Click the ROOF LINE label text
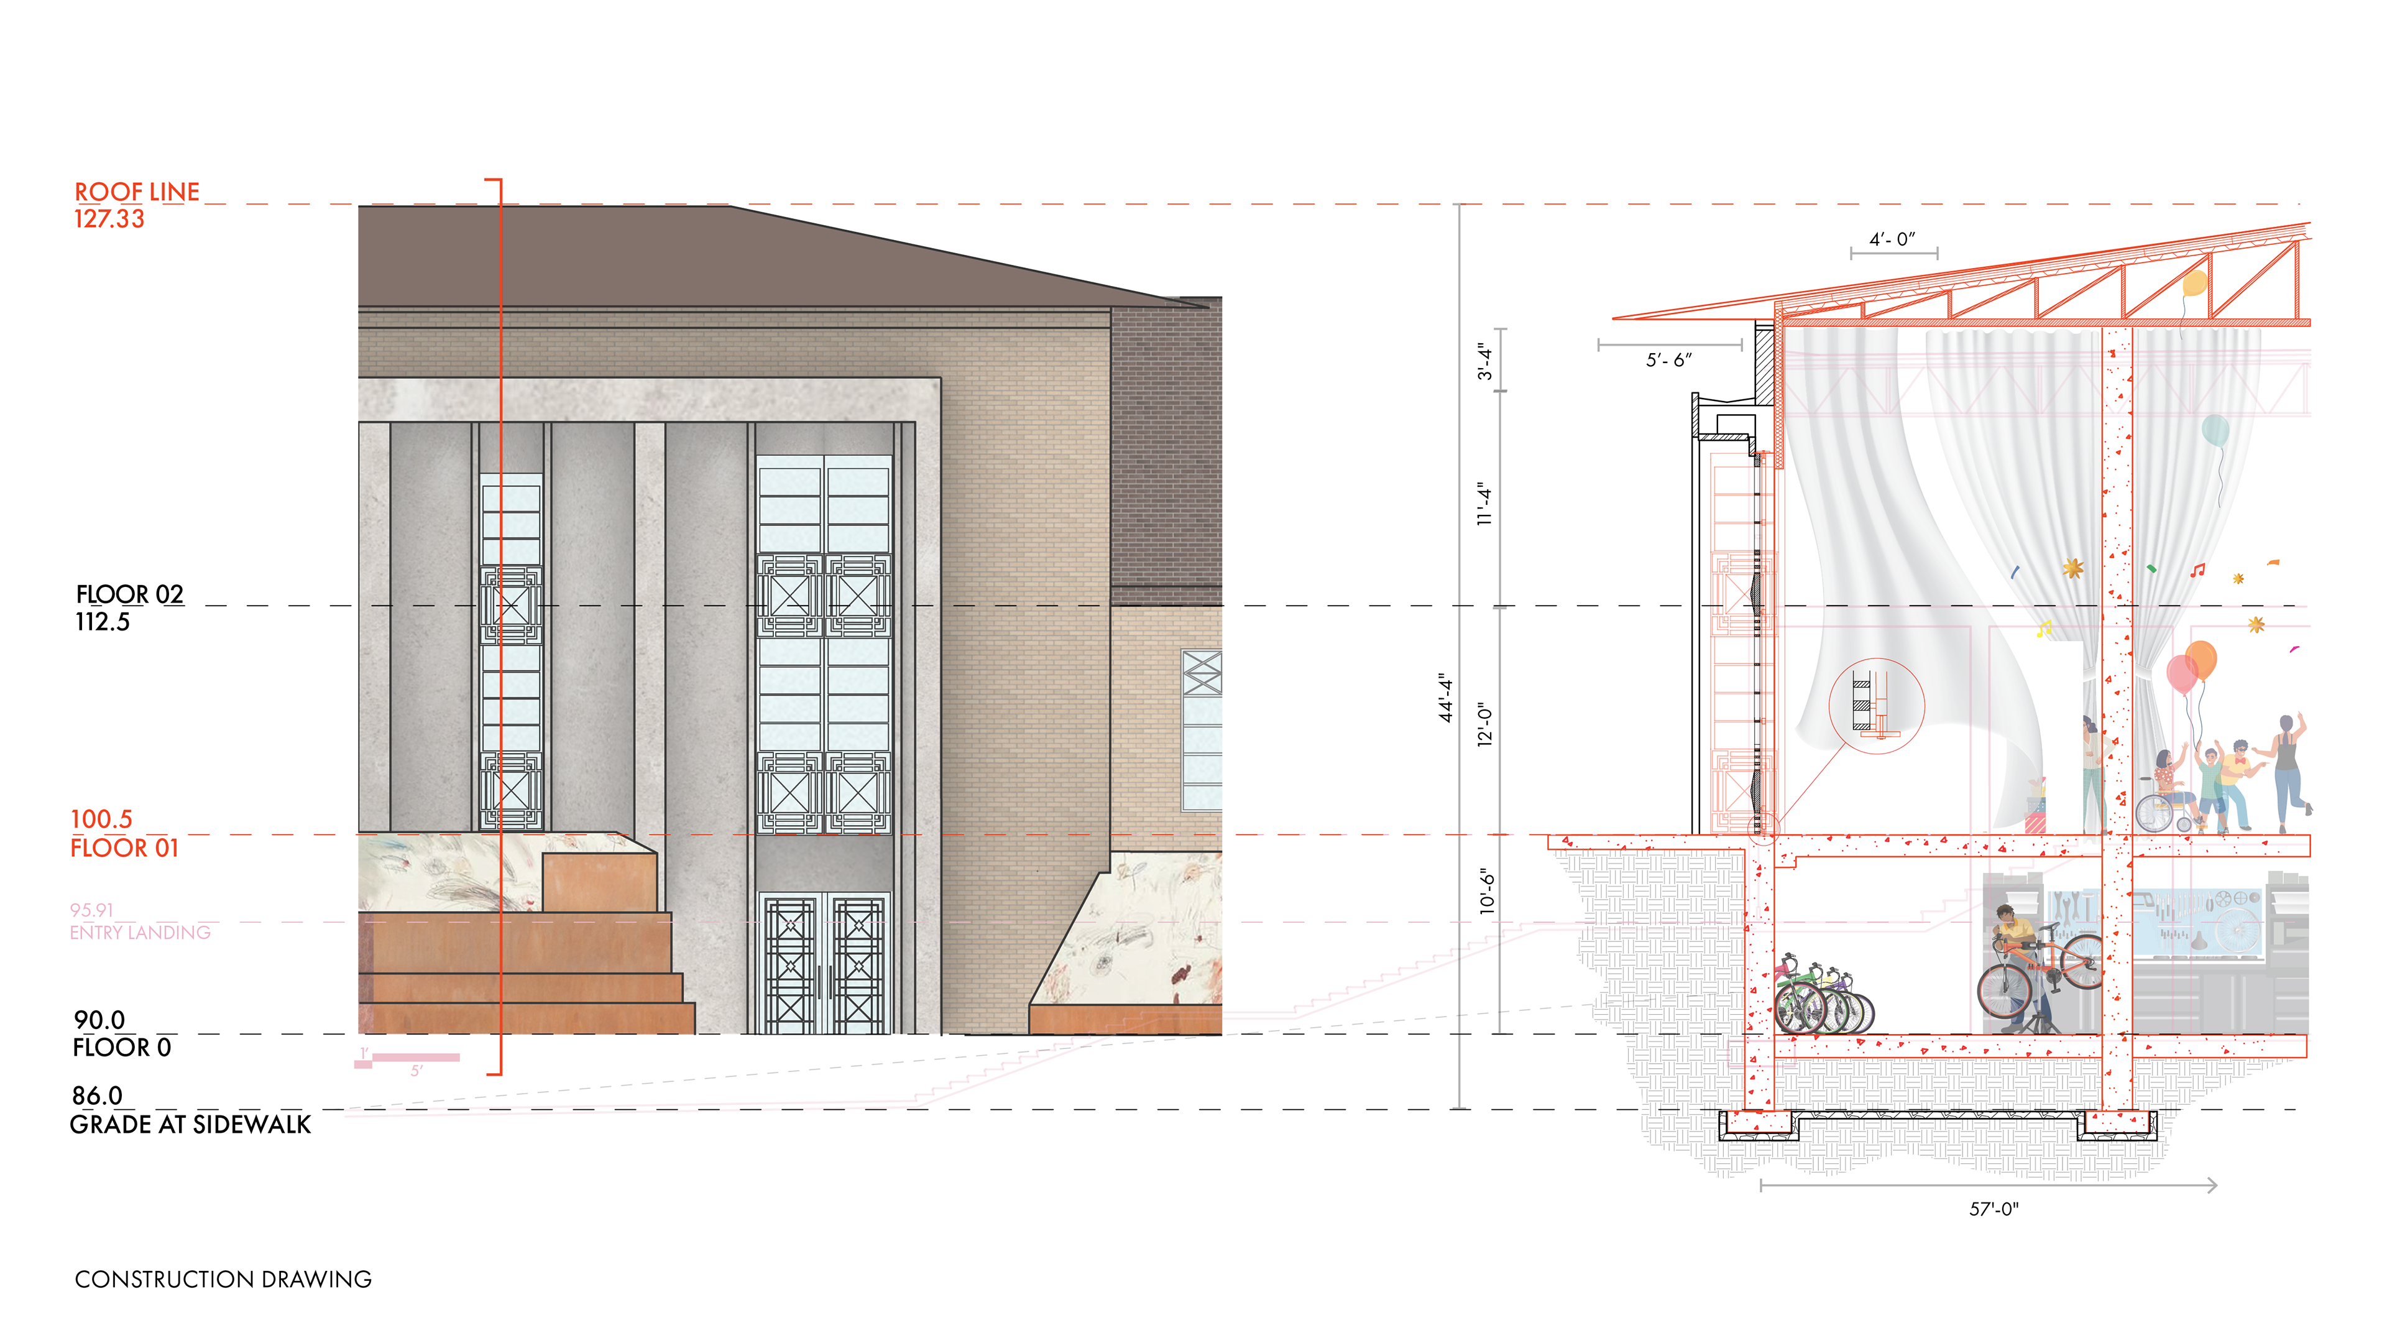coord(137,192)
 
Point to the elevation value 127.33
coord(109,219)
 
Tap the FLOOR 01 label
coord(124,848)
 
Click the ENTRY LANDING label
coord(140,933)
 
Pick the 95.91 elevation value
coord(91,910)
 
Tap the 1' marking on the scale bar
coord(364,1053)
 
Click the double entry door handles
coord(823,982)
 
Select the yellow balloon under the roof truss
coord(2194,283)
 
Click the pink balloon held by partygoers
coord(2181,673)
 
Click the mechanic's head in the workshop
coord(2005,916)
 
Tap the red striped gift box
coord(2034,820)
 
